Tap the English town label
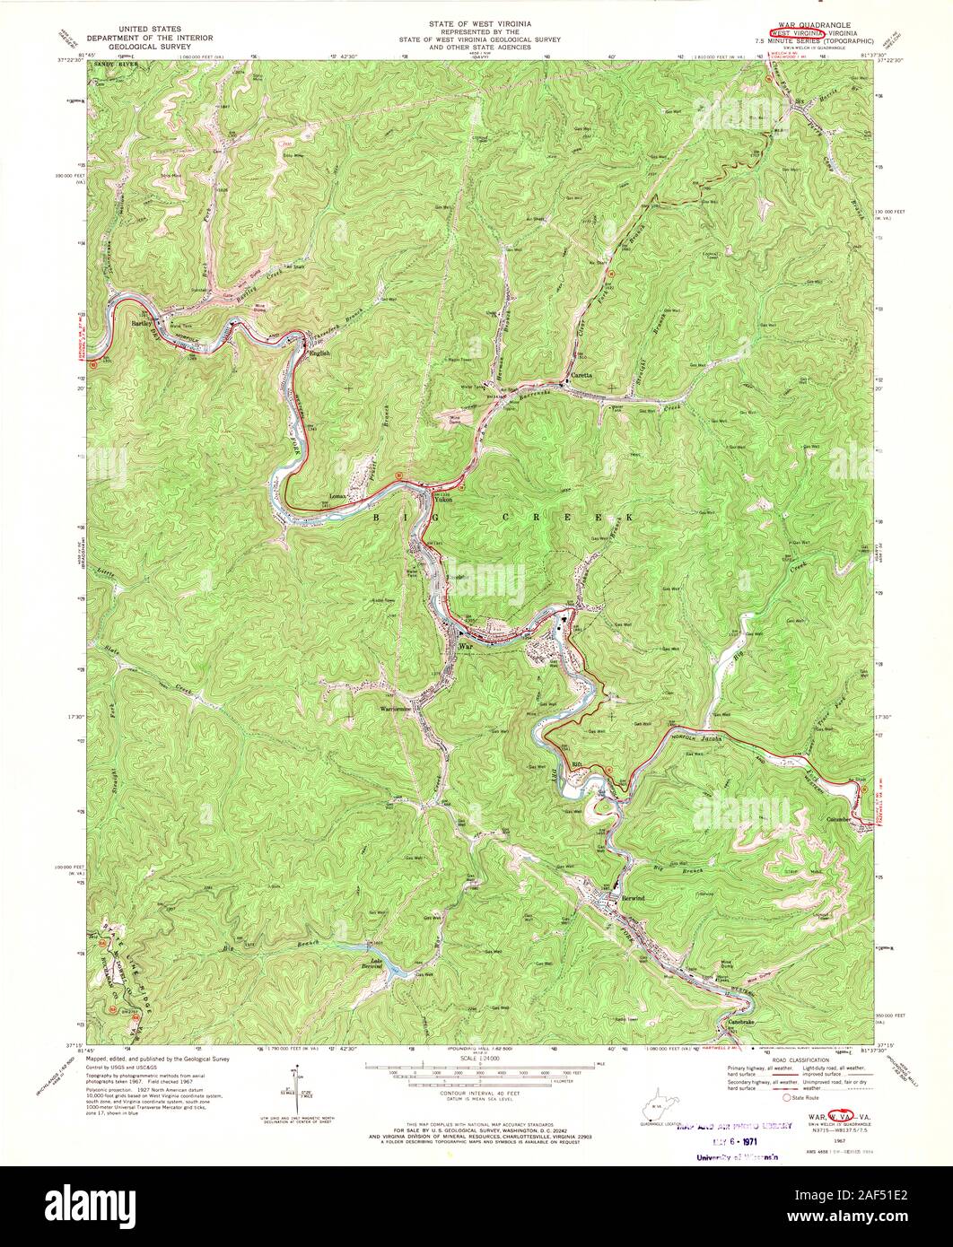320,353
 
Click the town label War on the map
465,645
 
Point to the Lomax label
337,495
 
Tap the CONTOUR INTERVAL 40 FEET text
476,1093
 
